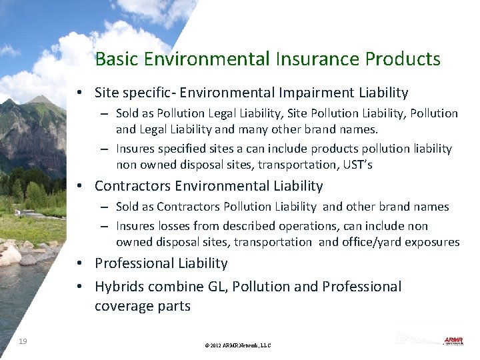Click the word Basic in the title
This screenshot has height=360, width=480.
pos(117,59)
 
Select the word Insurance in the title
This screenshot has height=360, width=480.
pos(315,59)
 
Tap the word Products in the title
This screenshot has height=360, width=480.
pos(403,59)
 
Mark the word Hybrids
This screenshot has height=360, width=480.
pos(119,287)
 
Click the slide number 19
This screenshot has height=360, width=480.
pos(23,341)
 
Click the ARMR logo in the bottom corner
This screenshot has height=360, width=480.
pos(453,341)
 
